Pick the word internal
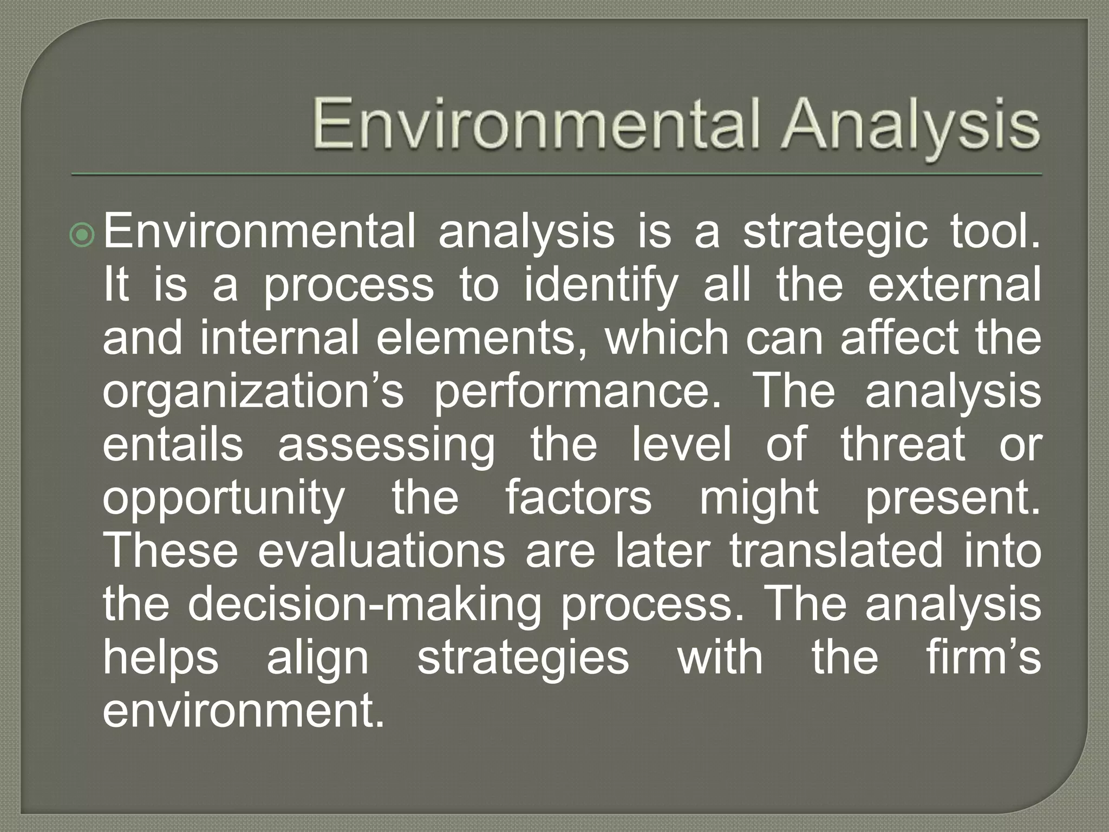coord(279,338)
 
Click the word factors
coord(578,497)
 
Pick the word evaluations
coord(381,550)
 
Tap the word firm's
coord(983,656)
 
